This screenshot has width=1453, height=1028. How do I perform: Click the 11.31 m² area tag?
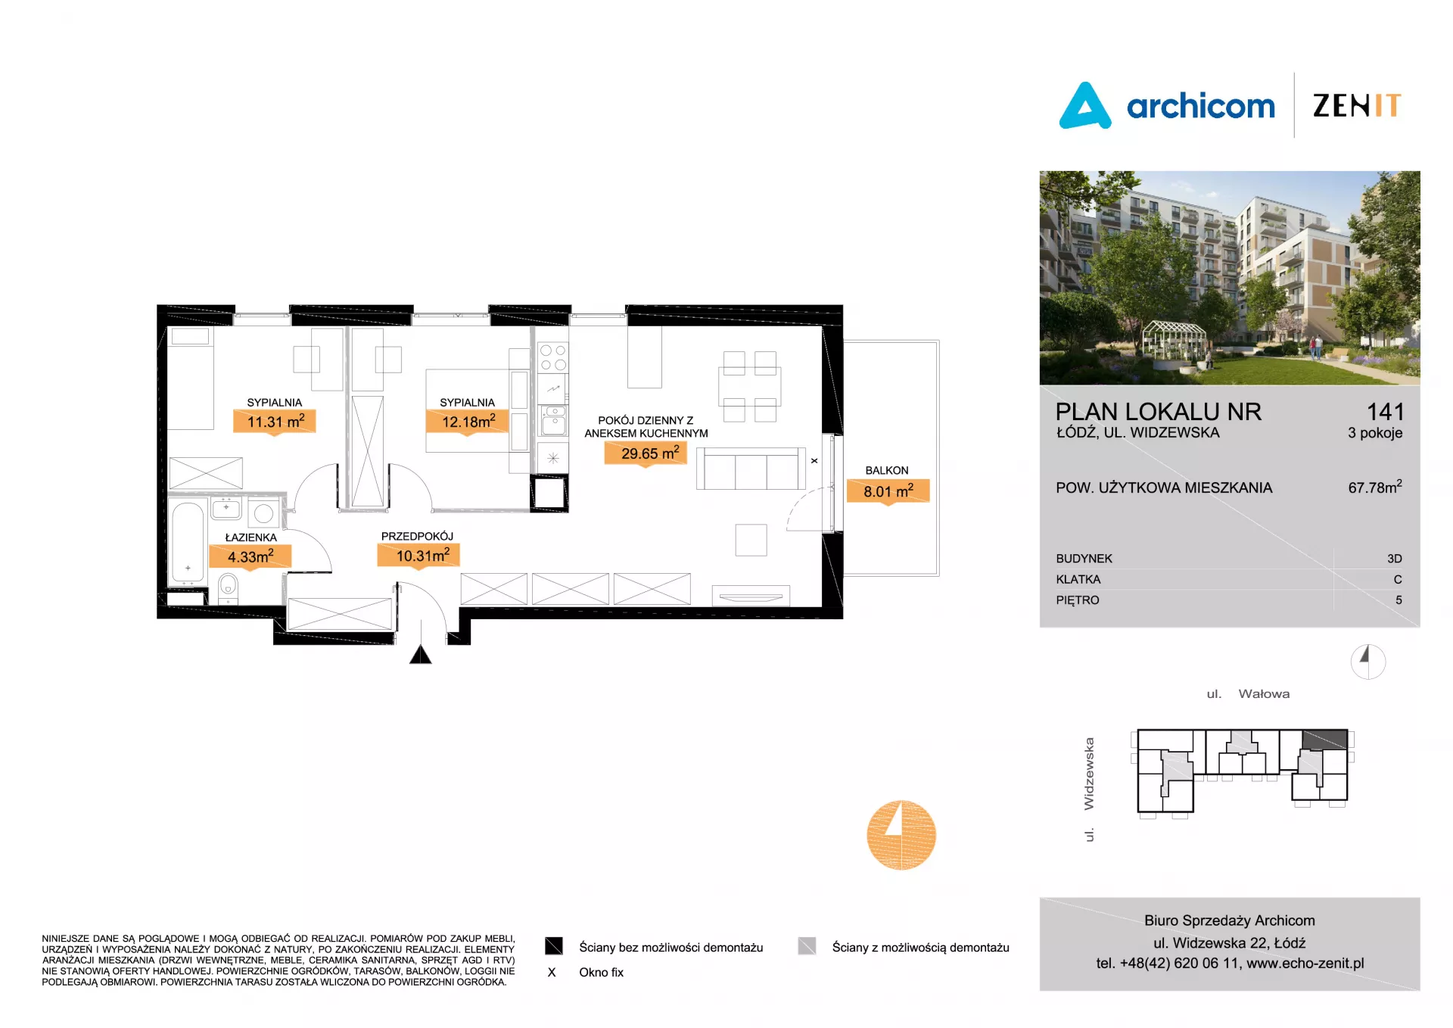coord(274,422)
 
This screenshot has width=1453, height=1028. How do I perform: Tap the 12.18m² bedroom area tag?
coord(467,422)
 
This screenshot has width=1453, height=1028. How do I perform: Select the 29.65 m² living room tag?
coord(646,453)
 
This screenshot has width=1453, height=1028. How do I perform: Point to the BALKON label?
coord(887,471)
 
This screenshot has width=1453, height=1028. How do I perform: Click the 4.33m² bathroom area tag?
coord(250,556)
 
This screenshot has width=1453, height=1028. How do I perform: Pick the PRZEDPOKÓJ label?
coord(417,536)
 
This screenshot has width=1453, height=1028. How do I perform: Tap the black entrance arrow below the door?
coord(420,654)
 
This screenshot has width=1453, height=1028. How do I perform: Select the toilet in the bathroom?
coord(228,588)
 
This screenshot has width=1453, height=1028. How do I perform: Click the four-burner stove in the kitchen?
coord(552,357)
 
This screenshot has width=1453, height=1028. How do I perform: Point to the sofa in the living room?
coord(751,469)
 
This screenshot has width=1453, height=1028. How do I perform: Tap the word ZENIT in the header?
coord(1357,105)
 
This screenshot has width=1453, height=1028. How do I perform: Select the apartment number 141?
coord(1385,412)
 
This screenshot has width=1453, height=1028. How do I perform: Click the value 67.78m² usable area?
coord(1375,487)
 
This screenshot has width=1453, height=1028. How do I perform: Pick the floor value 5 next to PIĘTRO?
coord(1399,600)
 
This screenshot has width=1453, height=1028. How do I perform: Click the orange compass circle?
coord(901,835)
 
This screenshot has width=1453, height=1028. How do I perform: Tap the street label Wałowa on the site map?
coord(1264,694)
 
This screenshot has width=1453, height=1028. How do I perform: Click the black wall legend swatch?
coord(554,946)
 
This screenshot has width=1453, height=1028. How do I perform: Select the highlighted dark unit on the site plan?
coord(1325,740)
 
